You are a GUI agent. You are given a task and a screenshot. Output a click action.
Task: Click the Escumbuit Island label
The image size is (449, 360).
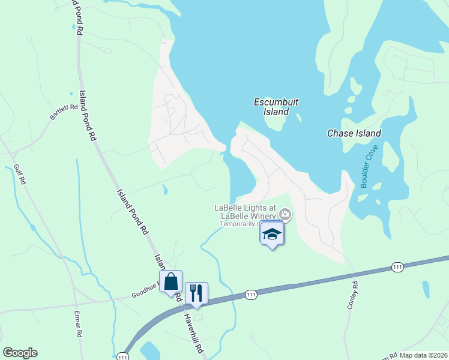pos(276,107)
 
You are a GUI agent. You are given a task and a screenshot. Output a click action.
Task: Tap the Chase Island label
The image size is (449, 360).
pos(354,133)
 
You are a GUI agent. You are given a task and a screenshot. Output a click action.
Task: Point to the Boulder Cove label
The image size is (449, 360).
pos(370,166)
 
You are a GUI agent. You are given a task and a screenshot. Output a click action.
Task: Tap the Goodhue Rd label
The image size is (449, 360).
pos(144,295)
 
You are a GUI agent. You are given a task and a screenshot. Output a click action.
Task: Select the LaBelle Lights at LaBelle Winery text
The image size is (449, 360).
pos(246,212)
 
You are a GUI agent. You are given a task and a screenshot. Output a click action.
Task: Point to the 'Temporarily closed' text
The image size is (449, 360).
pos(240,224)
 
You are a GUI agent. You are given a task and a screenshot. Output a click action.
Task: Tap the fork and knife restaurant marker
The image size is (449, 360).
pos(196,293)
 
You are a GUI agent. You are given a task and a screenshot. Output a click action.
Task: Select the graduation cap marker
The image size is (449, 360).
pos(272,233)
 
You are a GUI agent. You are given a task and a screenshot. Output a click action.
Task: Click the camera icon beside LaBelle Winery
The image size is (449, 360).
pos(286,214)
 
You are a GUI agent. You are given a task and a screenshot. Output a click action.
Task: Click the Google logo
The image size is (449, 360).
pos(20,353)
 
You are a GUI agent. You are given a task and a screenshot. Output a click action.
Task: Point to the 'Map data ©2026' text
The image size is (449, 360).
pos(423,355)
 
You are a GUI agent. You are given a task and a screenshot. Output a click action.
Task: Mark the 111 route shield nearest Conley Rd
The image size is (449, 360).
pos(397,266)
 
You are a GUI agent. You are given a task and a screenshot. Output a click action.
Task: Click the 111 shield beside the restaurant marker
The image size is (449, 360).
pos(252,294)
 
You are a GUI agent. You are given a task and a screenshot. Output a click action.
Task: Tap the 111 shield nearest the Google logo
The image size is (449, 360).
pos(124,356)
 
